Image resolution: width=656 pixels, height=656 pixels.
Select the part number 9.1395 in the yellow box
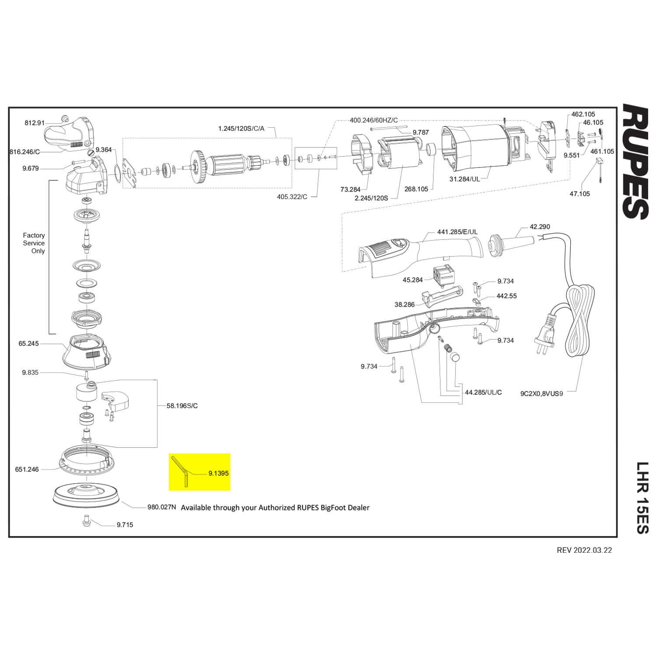pos(219,473)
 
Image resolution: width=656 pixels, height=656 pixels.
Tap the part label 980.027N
pos(161,507)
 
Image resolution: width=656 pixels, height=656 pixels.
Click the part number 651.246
pos(27,469)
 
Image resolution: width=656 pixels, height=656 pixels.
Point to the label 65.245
pos(28,344)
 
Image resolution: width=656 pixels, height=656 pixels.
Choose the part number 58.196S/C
pos(182,406)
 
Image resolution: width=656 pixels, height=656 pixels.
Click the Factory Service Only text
pos(34,243)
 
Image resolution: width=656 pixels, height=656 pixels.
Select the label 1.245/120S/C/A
pos(241,129)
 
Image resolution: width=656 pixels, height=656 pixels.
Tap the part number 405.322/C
pos(292,197)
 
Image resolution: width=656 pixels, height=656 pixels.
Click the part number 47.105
pos(579,194)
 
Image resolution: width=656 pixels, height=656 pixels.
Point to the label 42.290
pos(540,227)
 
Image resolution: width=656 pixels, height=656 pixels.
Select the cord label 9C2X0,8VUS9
pos(541,393)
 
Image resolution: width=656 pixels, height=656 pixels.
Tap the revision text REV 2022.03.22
pos(584,550)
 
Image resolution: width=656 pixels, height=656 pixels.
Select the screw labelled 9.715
pos(86,522)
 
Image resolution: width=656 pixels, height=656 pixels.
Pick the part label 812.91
pos(35,123)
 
